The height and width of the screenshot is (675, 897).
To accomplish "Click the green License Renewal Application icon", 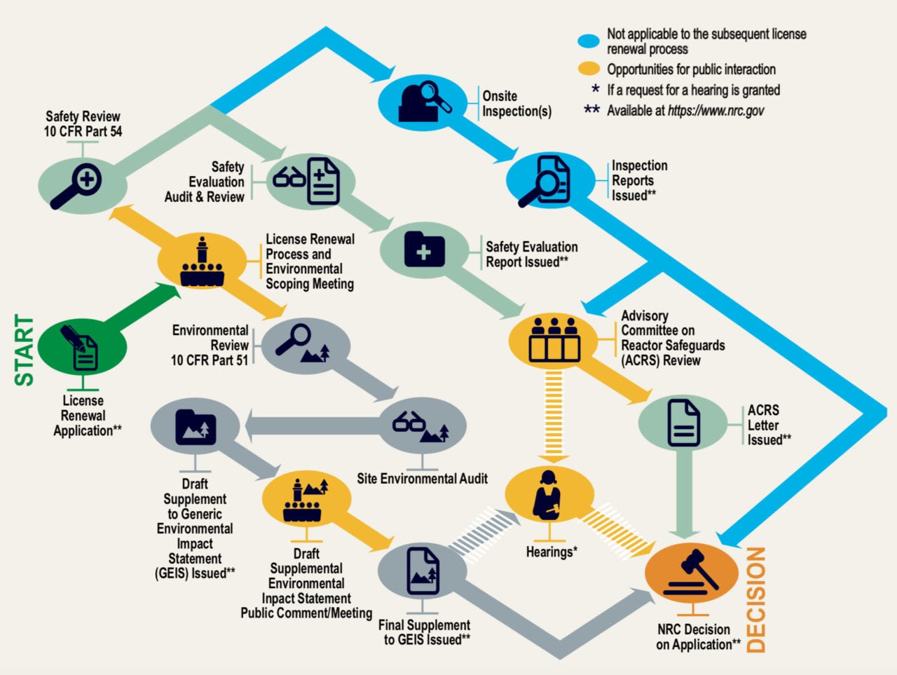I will pyautogui.click(x=82, y=348).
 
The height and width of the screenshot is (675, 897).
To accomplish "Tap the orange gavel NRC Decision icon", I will pyautogui.click(x=691, y=572).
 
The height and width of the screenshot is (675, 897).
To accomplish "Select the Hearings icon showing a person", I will pyautogui.click(x=549, y=495).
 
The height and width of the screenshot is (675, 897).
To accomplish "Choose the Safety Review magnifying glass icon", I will pyautogui.click(x=82, y=184).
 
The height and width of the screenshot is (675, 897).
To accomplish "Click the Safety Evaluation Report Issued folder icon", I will pyautogui.click(x=424, y=250).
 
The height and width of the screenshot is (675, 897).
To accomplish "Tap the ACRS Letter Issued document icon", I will pyautogui.click(x=683, y=423).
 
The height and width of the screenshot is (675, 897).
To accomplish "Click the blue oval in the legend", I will pyautogui.click(x=589, y=41).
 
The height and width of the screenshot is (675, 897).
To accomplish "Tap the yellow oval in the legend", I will pyautogui.click(x=589, y=69).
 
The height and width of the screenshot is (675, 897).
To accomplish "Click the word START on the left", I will pyautogui.click(x=25, y=350).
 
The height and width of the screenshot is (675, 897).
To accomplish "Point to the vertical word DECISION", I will pyautogui.click(x=755, y=600).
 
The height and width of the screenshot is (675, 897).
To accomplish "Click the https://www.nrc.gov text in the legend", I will pyautogui.click(x=715, y=111).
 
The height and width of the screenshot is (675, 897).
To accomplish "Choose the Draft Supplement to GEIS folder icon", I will pyautogui.click(x=196, y=426).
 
